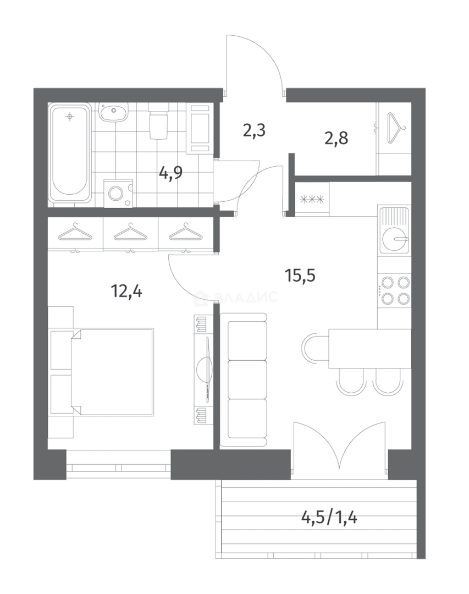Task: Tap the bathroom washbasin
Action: (113, 112)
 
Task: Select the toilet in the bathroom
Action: (158, 121)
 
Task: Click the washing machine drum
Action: (116, 194)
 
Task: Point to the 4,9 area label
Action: (170, 173)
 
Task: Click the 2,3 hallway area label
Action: (254, 130)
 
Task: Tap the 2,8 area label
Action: (336, 138)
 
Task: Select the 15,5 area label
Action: (300, 276)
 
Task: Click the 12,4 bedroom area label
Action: (126, 291)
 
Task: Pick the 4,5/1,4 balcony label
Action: (329, 517)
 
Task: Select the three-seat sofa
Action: (244, 380)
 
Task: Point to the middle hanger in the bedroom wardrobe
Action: (130, 232)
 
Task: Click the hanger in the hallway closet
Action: (396, 128)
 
